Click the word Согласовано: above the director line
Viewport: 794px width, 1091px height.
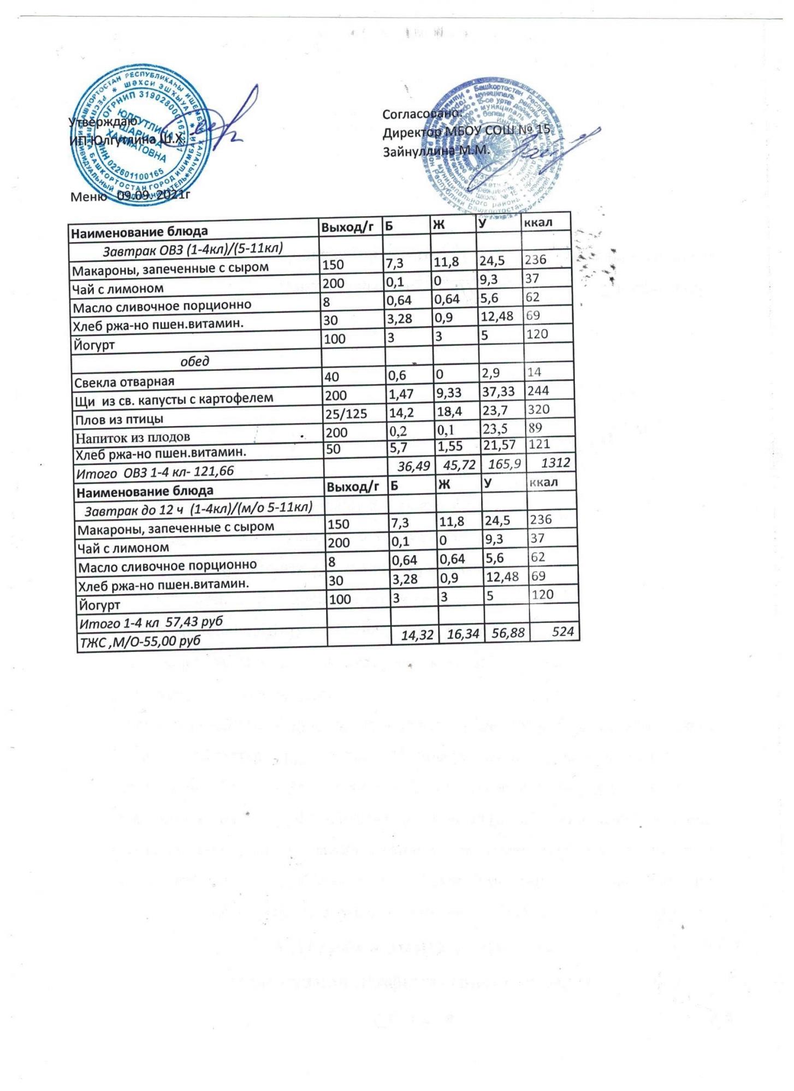tap(422, 115)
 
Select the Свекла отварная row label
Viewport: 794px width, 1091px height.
tap(125, 381)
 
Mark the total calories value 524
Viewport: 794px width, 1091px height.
tap(562, 632)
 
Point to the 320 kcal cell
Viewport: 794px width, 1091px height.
tap(537, 409)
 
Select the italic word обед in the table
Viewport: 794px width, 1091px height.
tap(195, 362)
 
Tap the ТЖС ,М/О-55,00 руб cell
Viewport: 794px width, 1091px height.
tap(140, 640)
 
